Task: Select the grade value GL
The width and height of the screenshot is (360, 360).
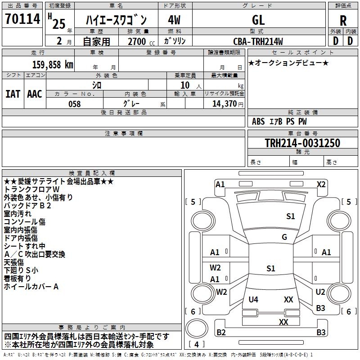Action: [x=258, y=20]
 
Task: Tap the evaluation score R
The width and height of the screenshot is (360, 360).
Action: [x=343, y=21]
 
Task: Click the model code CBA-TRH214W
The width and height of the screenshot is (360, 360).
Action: [x=258, y=41]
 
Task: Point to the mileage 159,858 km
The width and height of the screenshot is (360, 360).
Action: [x=53, y=65]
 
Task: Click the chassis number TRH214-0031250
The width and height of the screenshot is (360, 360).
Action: [x=302, y=144]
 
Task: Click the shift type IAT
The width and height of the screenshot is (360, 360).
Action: [x=13, y=94]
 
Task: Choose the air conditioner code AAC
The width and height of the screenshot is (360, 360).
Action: [x=35, y=94]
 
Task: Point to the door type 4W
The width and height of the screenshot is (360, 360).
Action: [x=174, y=20]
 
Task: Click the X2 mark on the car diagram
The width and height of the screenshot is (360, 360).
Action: [x=321, y=184]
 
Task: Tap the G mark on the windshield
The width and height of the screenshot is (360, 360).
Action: [x=284, y=237]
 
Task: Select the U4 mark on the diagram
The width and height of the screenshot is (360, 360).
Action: [x=253, y=300]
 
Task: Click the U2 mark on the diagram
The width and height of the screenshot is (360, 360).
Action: [x=320, y=292]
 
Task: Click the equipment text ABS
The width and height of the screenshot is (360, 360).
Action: [x=258, y=121]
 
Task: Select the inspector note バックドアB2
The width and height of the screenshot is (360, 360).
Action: [x=27, y=205]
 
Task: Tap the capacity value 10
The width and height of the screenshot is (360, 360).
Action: [x=185, y=85]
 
